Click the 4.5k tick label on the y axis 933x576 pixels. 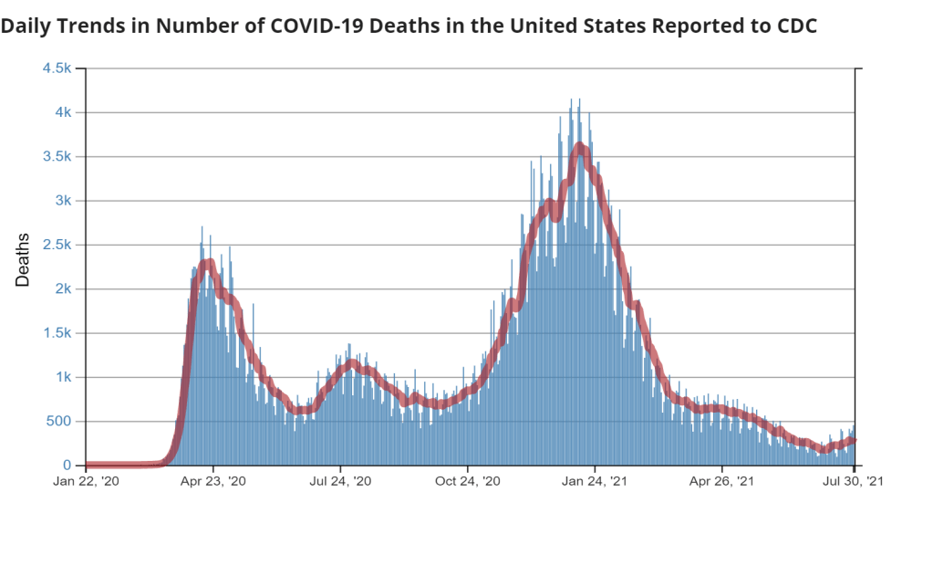(x=57, y=68)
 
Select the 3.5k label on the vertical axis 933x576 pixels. (x=57, y=156)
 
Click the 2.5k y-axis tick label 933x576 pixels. (x=57, y=245)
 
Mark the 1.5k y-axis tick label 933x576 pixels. (x=57, y=333)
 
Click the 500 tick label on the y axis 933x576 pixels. (x=59, y=421)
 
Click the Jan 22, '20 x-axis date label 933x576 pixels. (x=85, y=481)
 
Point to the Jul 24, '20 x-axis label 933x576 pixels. (x=340, y=481)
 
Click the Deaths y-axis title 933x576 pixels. (x=23, y=260)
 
